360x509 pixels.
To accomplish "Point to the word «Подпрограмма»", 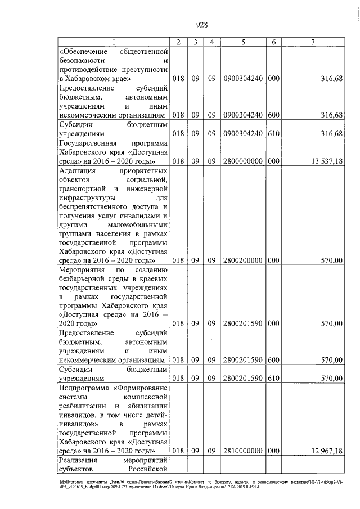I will coord(83,388).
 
